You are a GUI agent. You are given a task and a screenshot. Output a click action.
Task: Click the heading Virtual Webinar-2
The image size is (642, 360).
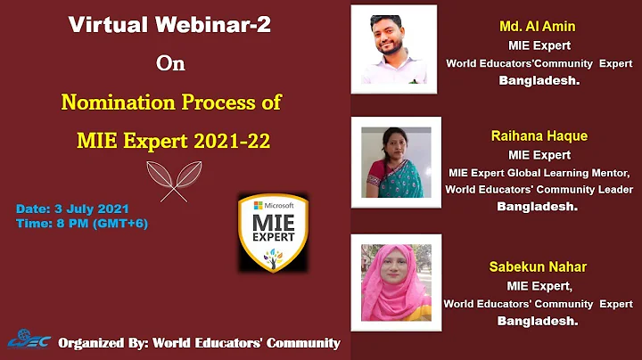click(169, 25)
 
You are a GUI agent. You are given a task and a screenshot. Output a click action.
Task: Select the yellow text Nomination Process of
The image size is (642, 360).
click(171, 102)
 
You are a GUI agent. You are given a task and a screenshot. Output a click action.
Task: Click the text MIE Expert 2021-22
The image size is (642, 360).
click(171, 140)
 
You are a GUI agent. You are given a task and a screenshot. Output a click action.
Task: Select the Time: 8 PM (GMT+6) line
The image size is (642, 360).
click(82, 223)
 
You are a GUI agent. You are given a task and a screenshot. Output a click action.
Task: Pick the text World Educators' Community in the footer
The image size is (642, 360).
click(247, 343)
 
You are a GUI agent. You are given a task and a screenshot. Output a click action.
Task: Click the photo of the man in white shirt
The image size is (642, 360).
click(394, 49)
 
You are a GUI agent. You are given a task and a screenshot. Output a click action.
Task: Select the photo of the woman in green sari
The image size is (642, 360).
click(396, 161)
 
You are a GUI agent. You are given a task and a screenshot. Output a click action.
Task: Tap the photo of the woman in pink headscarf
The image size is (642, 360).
click(396, 280)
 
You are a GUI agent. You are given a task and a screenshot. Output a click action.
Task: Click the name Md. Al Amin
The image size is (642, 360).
click(538, 27)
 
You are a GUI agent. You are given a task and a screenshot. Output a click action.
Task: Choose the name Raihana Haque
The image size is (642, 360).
click(539, 136)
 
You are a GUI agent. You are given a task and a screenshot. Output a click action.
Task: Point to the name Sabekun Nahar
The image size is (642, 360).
click(539, 266)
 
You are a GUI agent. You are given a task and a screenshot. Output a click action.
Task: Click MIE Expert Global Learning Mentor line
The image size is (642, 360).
click(539, 172)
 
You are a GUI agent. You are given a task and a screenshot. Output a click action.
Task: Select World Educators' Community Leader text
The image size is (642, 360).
click(539, 189)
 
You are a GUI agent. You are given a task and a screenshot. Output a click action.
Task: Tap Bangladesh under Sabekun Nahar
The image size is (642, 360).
click(539, 320)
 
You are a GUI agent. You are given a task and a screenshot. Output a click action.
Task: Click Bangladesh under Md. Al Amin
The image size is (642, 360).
click(539, 79)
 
